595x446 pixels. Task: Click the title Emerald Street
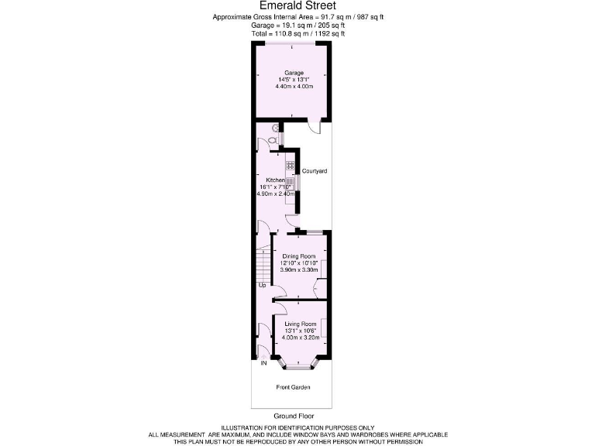pyautogui.click(x=297, y=5)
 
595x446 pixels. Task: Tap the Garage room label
pyautogui.click(x=293, y=73)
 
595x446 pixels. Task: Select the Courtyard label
pyautogui.click(x=315, y=170)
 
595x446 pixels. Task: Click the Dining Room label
pyautogui.click(x=299, y=256)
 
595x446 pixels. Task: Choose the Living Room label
pyautogui.click(x=301, y=324)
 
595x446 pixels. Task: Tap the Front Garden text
pyautogui.click(x=293, y=386)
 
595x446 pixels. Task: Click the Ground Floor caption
pyautogui.click(x=294, y=416)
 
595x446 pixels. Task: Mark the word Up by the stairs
pyautogui.click(x=263, y=285)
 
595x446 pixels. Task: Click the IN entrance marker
pyautogui.click(x=263, y=362)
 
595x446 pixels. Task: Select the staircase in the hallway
pyautogui.click(x=263, y=263)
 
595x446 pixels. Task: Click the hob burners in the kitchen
pyautogui.click(x=290, y=164)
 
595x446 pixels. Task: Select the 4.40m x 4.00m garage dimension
pyautogui.click(x=294, y=86)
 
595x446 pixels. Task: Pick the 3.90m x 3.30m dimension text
pyautogui.click(x=299, y=269)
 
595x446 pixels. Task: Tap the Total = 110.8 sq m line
pyautogui.click(x=297, y=34)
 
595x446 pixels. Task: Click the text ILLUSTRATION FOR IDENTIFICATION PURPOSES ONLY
pyautogui.click(x=297, y=428)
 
